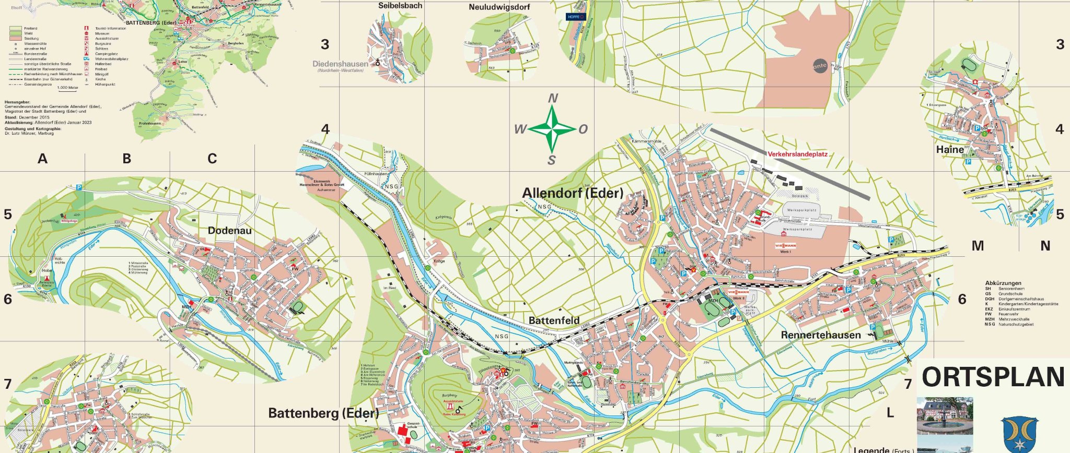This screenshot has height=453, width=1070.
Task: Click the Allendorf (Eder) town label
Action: [x=573, y=193]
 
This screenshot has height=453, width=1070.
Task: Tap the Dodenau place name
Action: [x=229, y=231]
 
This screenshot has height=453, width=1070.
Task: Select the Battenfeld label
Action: [x=554, y=320]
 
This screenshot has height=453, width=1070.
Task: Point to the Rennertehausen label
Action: [x=820, y=335]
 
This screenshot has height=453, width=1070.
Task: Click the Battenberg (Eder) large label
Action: [x=323, y=413]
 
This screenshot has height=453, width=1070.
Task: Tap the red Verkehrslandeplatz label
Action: [x=797, y=154]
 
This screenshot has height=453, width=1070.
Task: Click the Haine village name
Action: [x=950, y=150]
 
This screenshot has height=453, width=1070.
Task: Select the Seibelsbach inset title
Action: [x=400, y=6]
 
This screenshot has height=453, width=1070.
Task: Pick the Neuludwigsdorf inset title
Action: [x=499, y=7]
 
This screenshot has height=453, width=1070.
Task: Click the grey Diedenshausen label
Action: [x=340, y=64]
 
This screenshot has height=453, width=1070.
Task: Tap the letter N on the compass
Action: [x=553, y=98]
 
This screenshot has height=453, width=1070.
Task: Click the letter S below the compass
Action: [x=552, y=161]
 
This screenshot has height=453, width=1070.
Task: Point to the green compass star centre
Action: [x=552, y=129]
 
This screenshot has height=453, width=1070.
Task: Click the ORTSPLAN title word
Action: [x=993, y=377]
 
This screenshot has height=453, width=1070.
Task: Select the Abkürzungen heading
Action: [x=1003, y=283]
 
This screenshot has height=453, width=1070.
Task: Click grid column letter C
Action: [x=212, y=159]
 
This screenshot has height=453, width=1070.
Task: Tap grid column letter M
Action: [x=978, y=246]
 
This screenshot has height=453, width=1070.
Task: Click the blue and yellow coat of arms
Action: [x=1020, y=434]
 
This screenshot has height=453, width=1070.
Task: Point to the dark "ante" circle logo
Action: [x=820, y=66]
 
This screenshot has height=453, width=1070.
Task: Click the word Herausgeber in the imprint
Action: [x=17, y=102]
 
